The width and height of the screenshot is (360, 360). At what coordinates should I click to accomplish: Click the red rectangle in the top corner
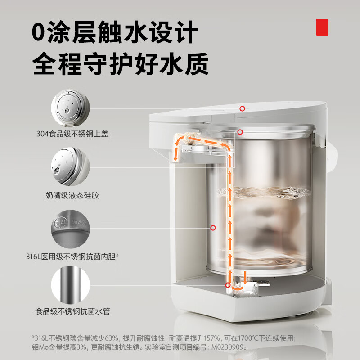click(322, 27)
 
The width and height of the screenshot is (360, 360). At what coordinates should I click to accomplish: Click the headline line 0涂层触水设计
click(115, 32)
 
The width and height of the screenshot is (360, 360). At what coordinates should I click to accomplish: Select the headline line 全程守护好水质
click(120, 63)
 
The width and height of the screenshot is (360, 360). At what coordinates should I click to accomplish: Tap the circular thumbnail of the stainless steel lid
click(71, 108)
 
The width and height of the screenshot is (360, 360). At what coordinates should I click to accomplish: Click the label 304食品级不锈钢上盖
click(72, 134)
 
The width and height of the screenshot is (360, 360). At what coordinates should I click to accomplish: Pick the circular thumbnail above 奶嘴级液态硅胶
click(71, 166)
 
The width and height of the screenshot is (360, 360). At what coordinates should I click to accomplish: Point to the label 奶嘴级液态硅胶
click(72, 195)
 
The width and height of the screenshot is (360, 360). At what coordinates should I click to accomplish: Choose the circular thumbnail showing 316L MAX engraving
click(71, 229)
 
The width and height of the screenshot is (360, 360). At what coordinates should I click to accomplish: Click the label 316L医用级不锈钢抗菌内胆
click(72, 256)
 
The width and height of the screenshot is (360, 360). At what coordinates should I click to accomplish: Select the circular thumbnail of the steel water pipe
click(71, 285)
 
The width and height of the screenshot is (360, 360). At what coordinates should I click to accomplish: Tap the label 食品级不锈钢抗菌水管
click(72, 311)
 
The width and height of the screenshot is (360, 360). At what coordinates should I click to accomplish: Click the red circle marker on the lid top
click(242, 108)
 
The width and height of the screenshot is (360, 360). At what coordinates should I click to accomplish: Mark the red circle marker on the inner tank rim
click(240, 132)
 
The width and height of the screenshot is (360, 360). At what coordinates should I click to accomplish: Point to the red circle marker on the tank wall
click(213, 228)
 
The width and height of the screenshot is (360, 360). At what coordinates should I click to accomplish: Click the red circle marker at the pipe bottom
click(228, 285)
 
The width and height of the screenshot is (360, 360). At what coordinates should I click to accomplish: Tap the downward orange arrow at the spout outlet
click(175, 152)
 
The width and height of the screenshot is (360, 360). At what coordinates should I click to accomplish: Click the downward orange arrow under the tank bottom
click(245, 277)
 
